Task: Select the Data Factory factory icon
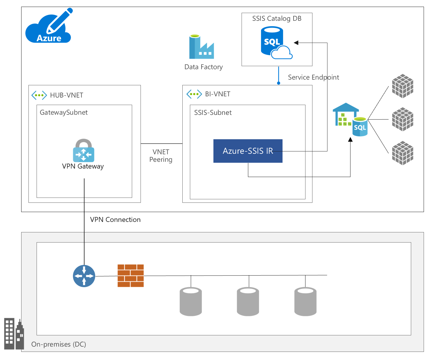[x=202, y=47]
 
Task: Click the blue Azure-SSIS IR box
[x=248, y=151]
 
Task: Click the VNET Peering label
[x=161, y=156]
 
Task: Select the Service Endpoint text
[x=313, y=77]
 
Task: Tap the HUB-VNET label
[x=66, y=95]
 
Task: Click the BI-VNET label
[x=217, y=94]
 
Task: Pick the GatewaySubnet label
[x=64, y=113]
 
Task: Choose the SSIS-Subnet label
[x=213, y=113]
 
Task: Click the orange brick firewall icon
[x=131, y=276]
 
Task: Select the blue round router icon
[x=84, y=276]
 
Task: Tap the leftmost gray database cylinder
[x=191, y=301]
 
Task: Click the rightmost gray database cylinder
[x=305, y=301]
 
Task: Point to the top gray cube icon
[x=402, y=86]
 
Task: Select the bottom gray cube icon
[x=402, y=153]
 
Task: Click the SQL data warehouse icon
[x=350, y=120]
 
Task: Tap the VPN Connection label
[x=115, y=220]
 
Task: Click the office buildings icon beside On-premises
[x=14, y=334]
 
